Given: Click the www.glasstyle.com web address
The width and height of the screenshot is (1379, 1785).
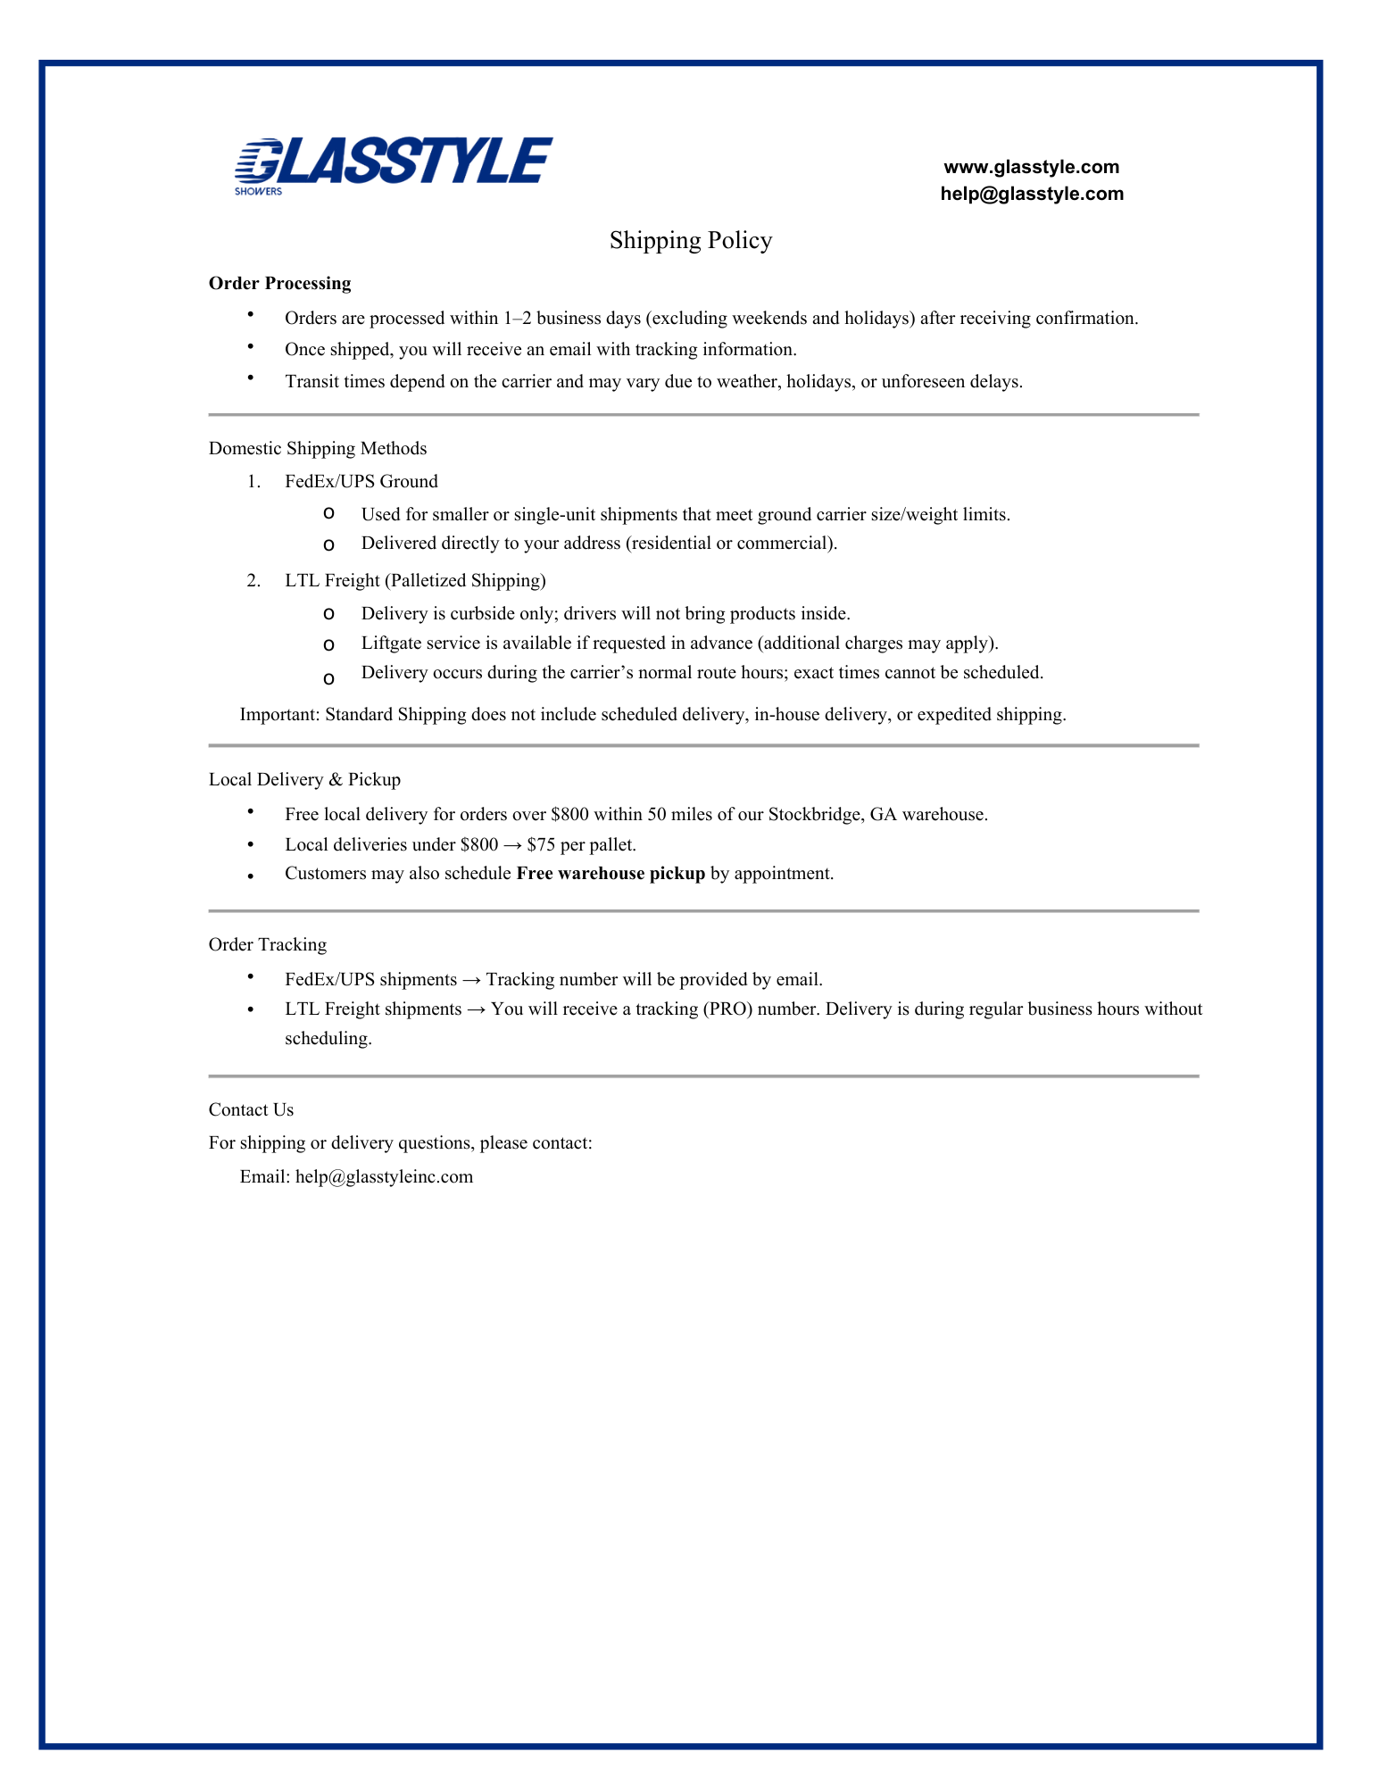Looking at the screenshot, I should pos(1031,167).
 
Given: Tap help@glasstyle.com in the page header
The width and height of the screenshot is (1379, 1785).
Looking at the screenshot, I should pos(1031,194).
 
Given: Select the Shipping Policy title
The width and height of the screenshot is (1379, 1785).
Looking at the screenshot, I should pos(690,240).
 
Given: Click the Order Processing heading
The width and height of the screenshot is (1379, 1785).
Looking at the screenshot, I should pos(279,283).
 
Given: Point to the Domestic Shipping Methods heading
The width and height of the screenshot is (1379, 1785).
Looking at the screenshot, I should pos(318,448).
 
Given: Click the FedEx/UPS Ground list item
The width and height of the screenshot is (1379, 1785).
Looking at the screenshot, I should pos(361,481).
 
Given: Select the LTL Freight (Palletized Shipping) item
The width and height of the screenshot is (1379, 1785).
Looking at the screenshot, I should pos(415,580).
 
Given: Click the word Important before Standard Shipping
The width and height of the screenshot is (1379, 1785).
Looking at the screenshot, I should pos(278,714).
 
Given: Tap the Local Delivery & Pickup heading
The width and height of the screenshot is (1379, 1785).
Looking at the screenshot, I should pos(304,779).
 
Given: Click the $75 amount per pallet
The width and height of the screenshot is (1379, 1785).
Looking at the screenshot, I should pos(541,844).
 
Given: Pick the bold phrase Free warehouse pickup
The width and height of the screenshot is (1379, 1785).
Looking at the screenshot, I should pos(611,873).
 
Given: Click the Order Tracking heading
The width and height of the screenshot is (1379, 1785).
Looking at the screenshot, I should pos(268,944).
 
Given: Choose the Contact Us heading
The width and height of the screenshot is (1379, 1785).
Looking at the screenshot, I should pos(251,1109).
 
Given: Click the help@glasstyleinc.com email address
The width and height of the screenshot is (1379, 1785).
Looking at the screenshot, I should pos(384,1176).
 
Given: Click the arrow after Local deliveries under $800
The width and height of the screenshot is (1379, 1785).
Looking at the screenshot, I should pos(512,844).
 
